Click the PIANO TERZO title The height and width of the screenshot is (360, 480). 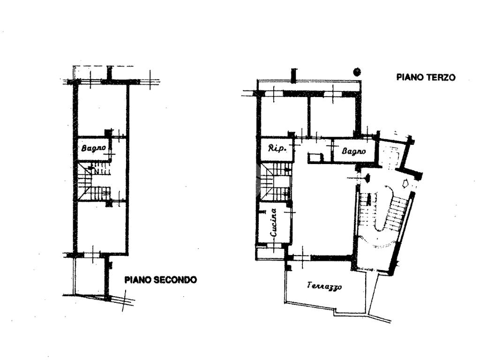point(426,77)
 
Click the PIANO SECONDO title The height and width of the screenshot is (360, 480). point(161,279)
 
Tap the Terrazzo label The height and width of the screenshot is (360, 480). point(324,286)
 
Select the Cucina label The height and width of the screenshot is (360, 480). point(274,223)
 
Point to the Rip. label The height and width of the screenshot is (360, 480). point(277,149)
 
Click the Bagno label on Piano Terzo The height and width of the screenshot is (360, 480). point(354,151)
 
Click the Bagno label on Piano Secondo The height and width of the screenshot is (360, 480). point(94,148)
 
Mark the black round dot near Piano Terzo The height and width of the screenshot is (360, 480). point(357,72)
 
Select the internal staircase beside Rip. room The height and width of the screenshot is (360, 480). point(275,181)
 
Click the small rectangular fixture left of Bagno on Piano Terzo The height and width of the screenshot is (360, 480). point(315,157)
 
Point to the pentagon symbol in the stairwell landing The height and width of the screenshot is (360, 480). point(406,183)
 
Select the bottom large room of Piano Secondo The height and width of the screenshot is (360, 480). point(101,226)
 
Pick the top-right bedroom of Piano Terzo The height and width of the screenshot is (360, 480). point(332,115)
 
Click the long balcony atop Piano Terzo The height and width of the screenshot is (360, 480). point(309,86)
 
